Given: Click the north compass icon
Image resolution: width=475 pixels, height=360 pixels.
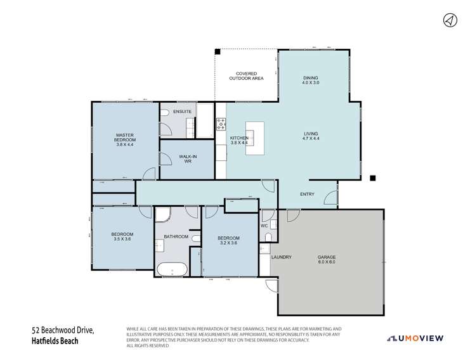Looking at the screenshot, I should tap(450, 20).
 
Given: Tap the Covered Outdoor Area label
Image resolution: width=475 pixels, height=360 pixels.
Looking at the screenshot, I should tap(246, 76).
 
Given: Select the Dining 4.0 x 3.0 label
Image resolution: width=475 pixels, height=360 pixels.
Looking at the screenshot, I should tap(311, 80).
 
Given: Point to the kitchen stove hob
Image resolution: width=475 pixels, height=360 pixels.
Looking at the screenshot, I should tap(221, 124).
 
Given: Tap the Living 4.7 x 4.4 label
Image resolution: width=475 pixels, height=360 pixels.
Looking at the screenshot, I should tap(311, 137).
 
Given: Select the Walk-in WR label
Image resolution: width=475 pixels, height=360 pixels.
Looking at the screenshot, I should tap(187, 158).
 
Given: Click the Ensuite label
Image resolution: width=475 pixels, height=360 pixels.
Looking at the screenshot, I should tap(182, 112).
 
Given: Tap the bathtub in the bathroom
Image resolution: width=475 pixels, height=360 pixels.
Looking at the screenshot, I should tap(172, 270).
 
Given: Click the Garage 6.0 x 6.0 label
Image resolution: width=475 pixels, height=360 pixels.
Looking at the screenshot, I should tap(327, 259).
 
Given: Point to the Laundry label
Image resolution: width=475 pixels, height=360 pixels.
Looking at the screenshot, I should tap(281, 257).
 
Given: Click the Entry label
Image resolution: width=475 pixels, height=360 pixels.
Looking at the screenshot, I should tap(307, 195).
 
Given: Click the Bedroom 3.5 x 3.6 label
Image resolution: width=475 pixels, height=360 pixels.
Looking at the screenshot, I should tap(123, 236).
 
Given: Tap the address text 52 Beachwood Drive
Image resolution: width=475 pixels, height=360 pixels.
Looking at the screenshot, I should tap(63, 330).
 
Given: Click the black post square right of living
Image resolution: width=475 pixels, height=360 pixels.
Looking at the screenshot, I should tap(373, 177).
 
